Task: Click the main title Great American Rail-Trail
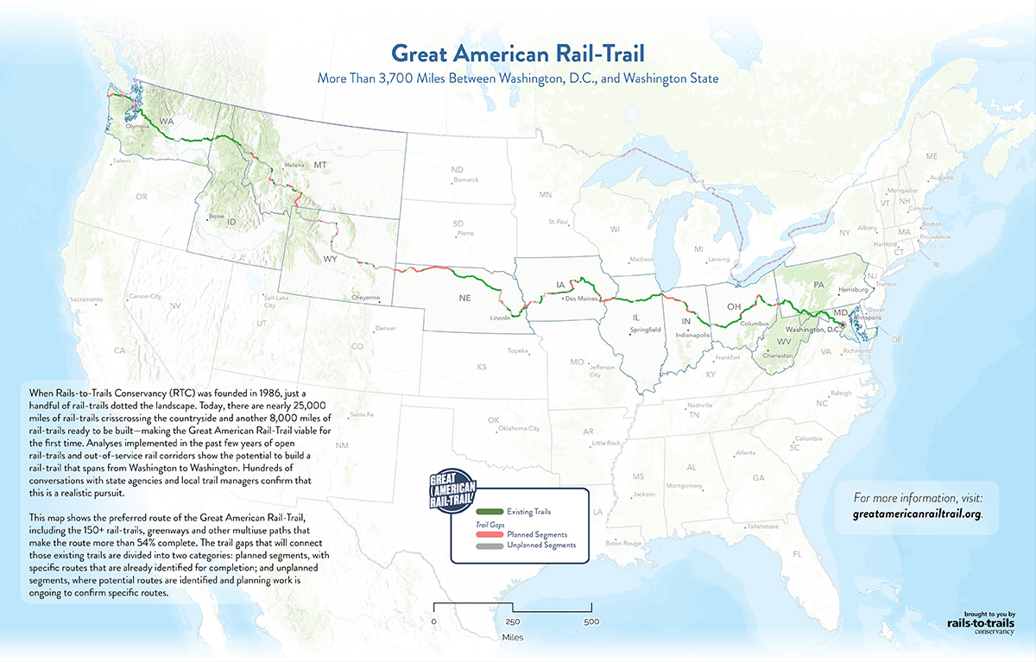click(x=518, y=54)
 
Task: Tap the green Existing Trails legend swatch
click(x=493, y=513)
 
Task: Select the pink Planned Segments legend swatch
click(x=493, y=534)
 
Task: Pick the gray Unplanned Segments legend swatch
click(x=493, y=545)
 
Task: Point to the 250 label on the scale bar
click(x=513, y=621)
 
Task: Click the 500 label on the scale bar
click(x=591, y=621)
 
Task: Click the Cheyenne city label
click(x=365, y=298)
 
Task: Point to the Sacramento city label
click(x=86, y=299)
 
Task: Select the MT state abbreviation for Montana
click(x=320, y=164)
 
